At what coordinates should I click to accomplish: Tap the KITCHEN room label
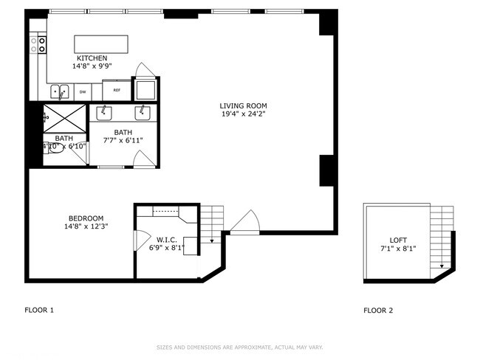(92, 58)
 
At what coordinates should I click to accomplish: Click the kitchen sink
(59, 91)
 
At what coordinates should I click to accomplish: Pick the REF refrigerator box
(116, 91)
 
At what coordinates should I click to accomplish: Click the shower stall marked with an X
(64, 117)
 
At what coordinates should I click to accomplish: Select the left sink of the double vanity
(105, 112)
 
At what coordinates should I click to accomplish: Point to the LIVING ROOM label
(243, 105)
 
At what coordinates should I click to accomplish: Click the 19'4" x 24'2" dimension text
(243, 114)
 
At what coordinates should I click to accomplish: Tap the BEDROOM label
(86, 218)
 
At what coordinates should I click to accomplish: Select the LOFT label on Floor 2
(398, 240)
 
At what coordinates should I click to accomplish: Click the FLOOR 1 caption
(39, 311)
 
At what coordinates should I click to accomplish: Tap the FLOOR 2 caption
(378, 311)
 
